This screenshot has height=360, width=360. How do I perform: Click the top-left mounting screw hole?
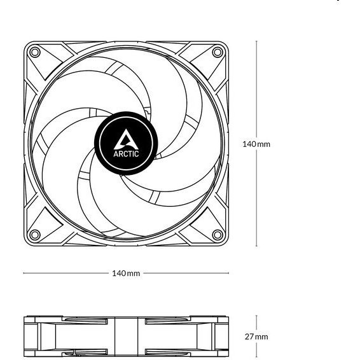tap(35, 52)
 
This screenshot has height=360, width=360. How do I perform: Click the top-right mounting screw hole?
tap(218, 52)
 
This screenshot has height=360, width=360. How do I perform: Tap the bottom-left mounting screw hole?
tap(35, 235)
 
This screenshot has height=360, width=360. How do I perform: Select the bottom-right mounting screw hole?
tap(218, 235)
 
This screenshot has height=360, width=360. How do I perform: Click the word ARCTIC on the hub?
tap(126, 153)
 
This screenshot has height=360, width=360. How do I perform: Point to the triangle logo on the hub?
tap(126, 139)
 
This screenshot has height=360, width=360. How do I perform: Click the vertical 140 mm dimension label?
tap(256, 144)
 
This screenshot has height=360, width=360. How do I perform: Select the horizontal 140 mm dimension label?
tap(126, 273)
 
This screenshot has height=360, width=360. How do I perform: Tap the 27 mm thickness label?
tap(256, 337)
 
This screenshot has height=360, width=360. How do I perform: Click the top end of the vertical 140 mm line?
tap(256, 41)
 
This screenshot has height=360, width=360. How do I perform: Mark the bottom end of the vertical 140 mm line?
tap(256, 246)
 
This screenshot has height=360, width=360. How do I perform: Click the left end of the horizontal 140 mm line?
tap(24, 273)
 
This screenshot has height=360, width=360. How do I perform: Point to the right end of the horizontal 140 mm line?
tap(229, 273)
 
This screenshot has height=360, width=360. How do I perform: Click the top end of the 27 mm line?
tap(256, 315)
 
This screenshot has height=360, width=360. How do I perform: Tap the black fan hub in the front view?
tap(126, 143)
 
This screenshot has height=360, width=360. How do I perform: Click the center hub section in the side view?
tap(126, 337)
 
